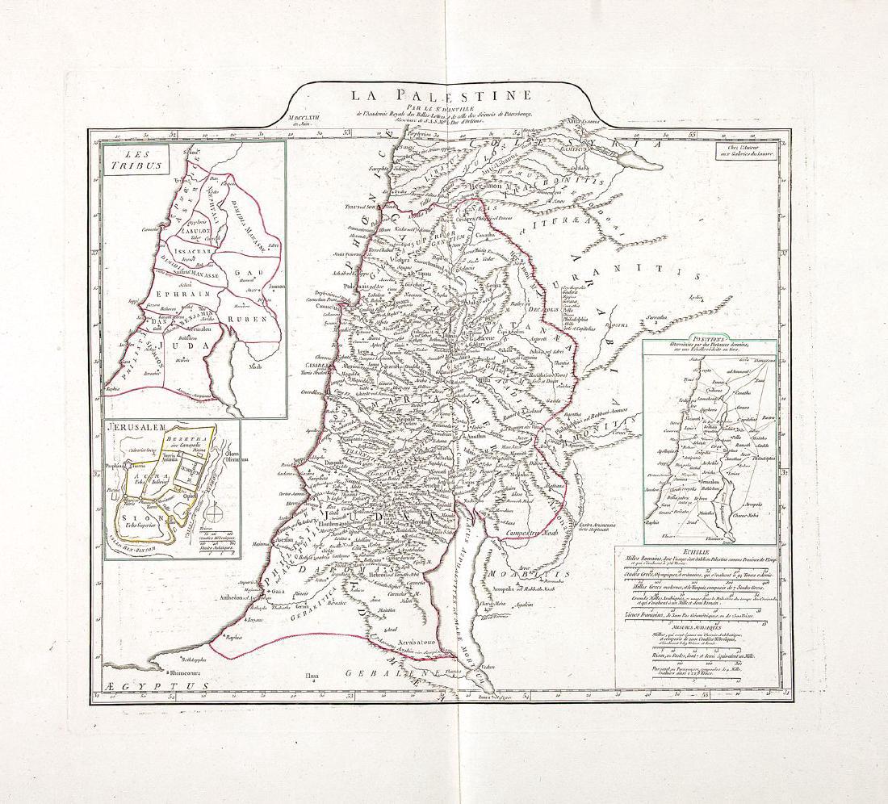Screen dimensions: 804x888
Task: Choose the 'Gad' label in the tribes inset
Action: (x=243, y=273)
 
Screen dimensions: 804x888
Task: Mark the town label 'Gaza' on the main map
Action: (x=279, y=592)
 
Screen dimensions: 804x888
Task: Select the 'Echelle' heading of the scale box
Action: (x=647, y=553)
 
